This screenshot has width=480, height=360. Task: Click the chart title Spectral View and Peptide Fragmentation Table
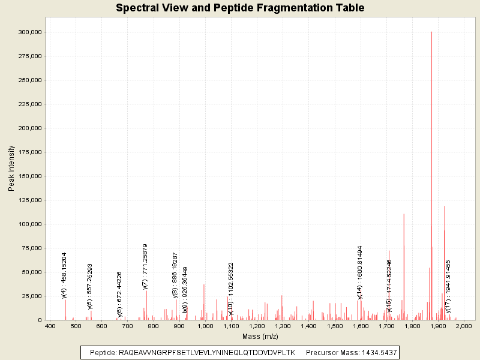coord(240,8)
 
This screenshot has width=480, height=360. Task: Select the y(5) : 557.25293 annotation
coord(90,286)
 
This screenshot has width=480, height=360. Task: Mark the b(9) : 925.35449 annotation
coord(185,289)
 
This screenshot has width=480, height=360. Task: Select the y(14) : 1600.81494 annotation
coord(360,272)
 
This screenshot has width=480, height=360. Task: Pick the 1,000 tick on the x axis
coord(205,326)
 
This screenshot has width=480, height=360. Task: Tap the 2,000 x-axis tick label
coord(464,326)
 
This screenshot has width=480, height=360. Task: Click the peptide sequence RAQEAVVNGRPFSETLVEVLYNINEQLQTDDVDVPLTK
coord(207,353)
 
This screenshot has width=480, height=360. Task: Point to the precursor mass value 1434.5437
coord(376,353)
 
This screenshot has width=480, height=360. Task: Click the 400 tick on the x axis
coord(50,326)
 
